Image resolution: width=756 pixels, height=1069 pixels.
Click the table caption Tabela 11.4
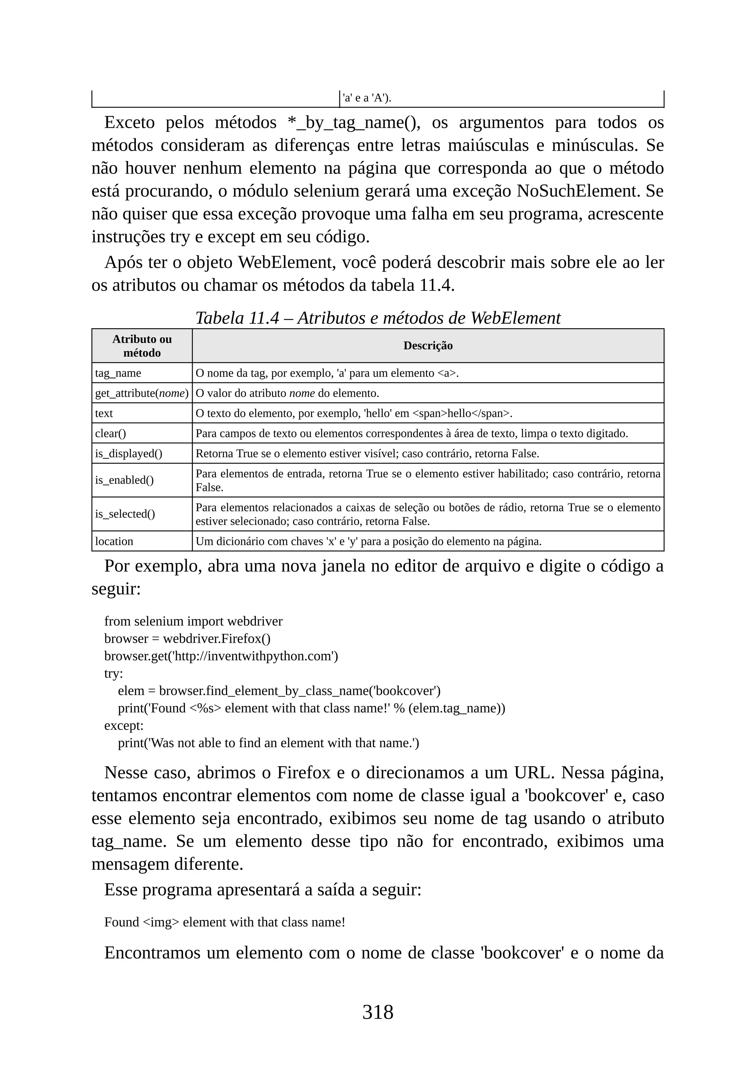(x=378, y=318)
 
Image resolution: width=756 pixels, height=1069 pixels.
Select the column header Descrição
(x=427, y=346)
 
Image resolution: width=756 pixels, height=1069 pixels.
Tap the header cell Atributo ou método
(x=142, y=346)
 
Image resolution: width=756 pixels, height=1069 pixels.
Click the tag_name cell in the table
(x=118, y=373)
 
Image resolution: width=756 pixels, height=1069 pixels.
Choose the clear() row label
(x=110, y=433)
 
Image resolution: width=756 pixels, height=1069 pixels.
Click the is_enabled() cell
(x=124, y=480)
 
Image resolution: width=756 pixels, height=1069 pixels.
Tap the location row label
(x=114, y=541)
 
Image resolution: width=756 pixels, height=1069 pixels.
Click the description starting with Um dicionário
(x=368, y=541)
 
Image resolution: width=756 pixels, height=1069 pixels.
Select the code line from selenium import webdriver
(x=193, y=621)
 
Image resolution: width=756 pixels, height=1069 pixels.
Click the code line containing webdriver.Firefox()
(x=187, y=638)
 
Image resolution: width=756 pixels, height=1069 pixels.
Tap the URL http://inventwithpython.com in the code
(x=254, y=656)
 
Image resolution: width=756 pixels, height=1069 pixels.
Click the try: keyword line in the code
(x=114, y=673)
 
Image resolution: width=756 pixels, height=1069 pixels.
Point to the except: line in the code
(x=124, y=725)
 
